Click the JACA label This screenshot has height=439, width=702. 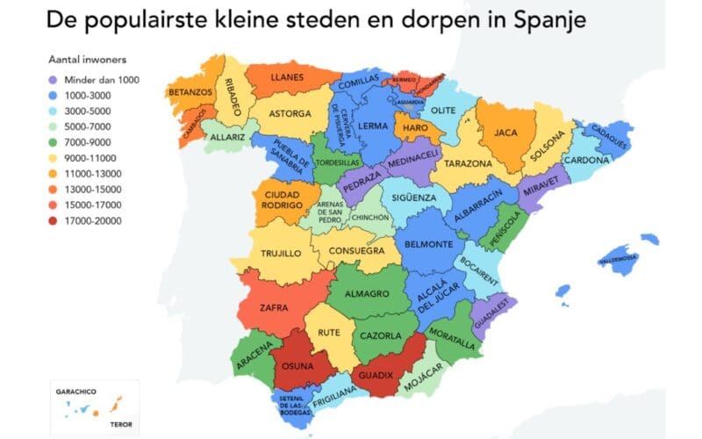[x=505, y=133]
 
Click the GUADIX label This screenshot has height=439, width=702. [x=380, y=375]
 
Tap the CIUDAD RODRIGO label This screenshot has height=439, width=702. [x=283, y=199]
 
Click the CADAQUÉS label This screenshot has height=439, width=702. [x=604, y=137]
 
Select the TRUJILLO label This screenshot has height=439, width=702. [x=282, y=253]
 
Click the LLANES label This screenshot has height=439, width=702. [x=287, y=77]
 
